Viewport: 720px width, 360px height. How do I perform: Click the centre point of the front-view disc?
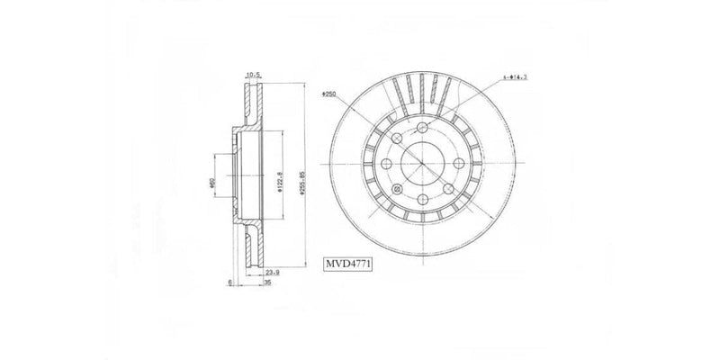point(423,164)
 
